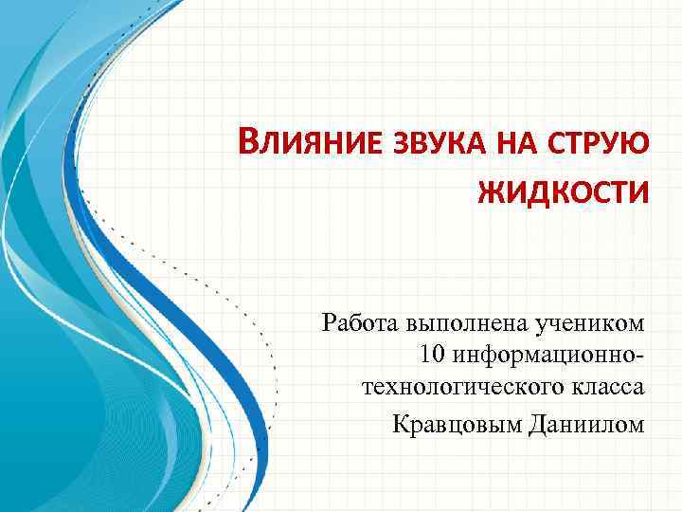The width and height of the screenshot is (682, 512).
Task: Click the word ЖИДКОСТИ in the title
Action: (x=564, y=192)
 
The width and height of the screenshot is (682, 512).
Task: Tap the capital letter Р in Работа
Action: (x=330, y=323)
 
